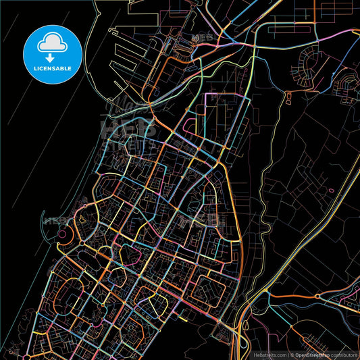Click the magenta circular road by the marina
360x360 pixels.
64,236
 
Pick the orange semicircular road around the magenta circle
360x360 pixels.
70,236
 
